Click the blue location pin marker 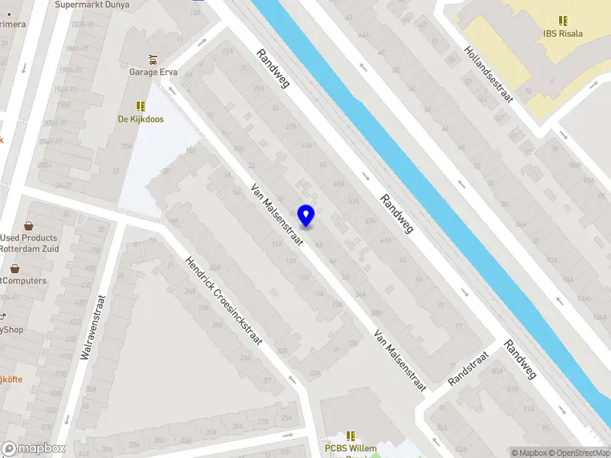[x=306, y=215]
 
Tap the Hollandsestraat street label [x=488, y=73]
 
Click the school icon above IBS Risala [x=562, y=21]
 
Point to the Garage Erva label [x=154, y=73]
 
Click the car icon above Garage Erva [x=154, y=59]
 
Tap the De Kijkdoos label [x=141, y=119]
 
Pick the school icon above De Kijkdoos [x=141, y=105]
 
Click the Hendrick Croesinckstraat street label [x=224, y=300]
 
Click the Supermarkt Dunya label [x=92, y=5]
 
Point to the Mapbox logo [x=33, y=449]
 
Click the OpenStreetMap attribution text [x=578, y=453]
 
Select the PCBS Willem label [x=351, y=449]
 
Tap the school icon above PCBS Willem [x=351, y=435]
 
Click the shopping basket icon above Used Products [x=29, y=226]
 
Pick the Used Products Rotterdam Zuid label [x=28, y=244]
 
